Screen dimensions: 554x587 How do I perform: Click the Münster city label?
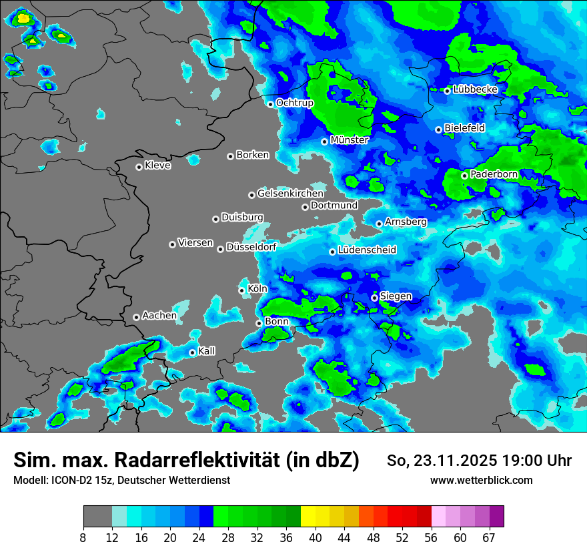pyautogui.click(x=350, y=140)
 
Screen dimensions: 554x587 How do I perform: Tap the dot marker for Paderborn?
pyautogui.click(x=465, y=176)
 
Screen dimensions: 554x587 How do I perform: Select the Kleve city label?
pyautogui.click(x=157, y=166)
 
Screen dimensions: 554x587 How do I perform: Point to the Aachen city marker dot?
pyautogui.click(x=136, y=317)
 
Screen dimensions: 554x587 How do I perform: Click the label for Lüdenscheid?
pyautogui.click(x=367, y=250)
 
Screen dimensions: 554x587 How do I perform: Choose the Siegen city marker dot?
pyautogui.click(x=375, y=298)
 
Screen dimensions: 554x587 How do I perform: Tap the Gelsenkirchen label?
pyautogui.click(x=290, y=194)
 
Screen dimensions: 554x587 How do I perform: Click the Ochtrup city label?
pyautogui.click(x=294, y=103)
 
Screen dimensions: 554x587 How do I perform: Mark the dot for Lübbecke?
pyautogui.click(x=448, y=91)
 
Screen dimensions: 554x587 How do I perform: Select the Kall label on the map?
pyautogui.click(x=207, y=351)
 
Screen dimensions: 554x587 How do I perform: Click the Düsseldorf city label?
pyautogui.click(x=251, y=248)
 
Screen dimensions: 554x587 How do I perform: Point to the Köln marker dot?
pyautogui.click(x=242, y=290)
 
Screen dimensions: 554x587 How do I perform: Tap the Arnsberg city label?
pyautogui.click(x=406, y=222)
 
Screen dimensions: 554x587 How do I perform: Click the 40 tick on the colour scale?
pyautogui.click(x=316, y=537)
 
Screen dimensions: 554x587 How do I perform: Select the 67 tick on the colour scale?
pyautogui.click(x=490, y=537)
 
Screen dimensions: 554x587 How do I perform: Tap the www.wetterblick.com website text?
pyautogui.click(x=482, y=481)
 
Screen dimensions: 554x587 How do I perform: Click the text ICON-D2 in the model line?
pyautogui.click(x=73, y=481)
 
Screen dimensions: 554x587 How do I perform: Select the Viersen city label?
pyautogui.click(x=195, y=243)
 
